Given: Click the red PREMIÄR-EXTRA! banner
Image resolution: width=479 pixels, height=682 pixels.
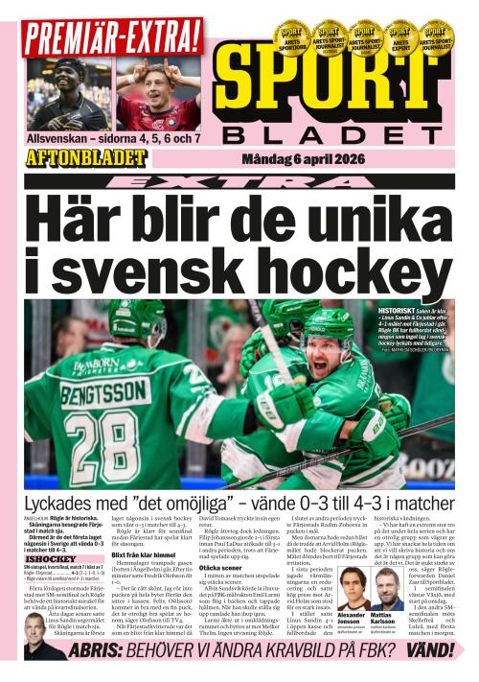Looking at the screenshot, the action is (113, 35).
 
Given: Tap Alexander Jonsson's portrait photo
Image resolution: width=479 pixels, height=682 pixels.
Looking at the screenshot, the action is (353, 587).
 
